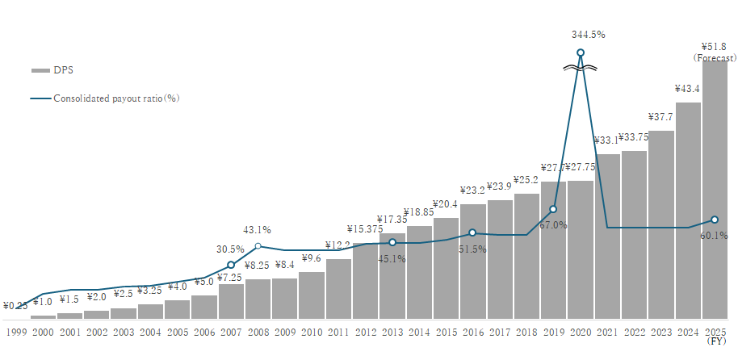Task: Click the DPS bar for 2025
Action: pyautogui.click(x=715, y=190)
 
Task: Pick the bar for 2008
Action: pyautogui.click(x=258, y=299)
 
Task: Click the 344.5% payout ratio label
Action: pyautogui.click(x=588, y=35)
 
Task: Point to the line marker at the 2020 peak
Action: pyautogui.click(x=581, y=53)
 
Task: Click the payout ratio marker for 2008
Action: pyautogui.click(x=258, y=246)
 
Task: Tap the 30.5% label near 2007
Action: pyautogui.click(x=231, y=249)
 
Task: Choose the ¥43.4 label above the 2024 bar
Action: pyautogui.click(x=688, y=88)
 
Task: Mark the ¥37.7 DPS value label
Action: pyautogui.click(x=660, y=116)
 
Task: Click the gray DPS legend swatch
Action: pyautogui.click(x=40, y=70)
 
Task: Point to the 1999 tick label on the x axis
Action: pyautogui.click(x=16, y=331)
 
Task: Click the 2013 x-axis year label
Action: pyautogui.click(x=392, y=331)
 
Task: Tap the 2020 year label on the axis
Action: pyautogui.click(x=581, y=331)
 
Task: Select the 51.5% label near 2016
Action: pyautogui.click(x=473, y=249)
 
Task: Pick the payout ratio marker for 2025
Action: pyautogui.click(x=715, y=220)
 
